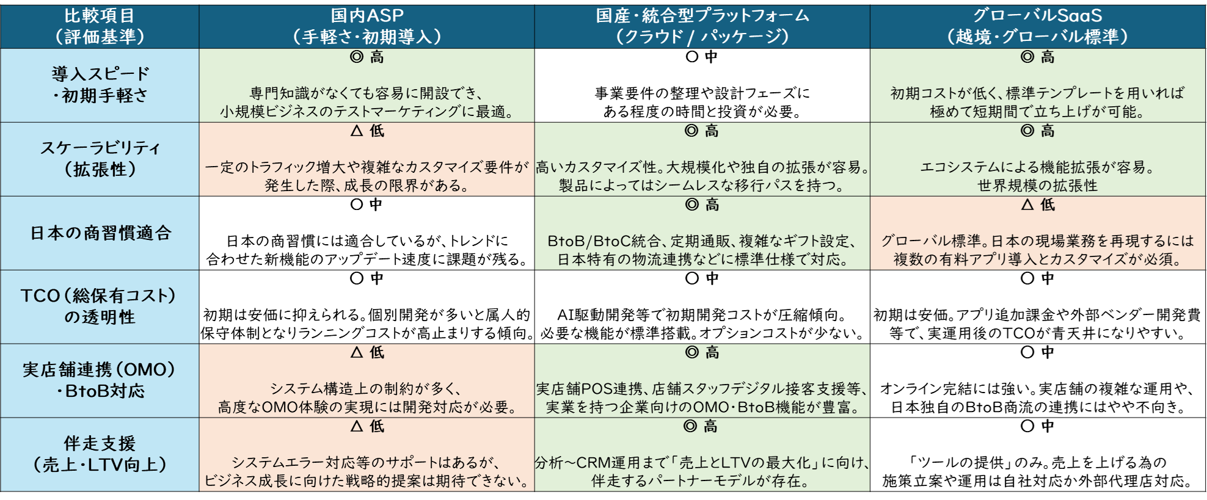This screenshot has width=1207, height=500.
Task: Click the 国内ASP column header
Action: pos(366,26)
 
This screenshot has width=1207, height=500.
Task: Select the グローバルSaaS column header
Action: pos(1037,26)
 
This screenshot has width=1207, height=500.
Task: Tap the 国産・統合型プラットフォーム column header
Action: pos(702,26)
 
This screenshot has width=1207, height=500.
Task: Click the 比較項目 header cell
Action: pos(100,26)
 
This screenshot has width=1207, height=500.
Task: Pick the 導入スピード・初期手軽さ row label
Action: pos(100,85)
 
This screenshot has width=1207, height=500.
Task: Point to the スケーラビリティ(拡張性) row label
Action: pos(100,159)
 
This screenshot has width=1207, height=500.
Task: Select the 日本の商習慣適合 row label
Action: pos(100,233)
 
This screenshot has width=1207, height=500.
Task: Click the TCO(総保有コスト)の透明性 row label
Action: pos(100,306)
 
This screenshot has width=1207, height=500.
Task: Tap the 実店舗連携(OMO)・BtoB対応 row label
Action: pos(100,380)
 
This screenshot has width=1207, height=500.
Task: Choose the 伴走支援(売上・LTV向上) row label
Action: pos(100,454)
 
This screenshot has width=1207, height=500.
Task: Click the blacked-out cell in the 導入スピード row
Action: pos(702,85)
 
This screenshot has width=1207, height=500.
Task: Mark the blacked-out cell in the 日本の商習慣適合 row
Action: pos(366,233)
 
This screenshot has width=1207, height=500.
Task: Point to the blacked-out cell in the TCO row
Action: pos(702,306)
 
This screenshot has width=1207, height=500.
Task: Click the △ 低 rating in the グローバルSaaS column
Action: pos(1037,205)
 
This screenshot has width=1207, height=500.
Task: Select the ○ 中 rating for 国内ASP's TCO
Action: pos(366,279)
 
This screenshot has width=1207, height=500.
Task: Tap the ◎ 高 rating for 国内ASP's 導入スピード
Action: pos(366,57)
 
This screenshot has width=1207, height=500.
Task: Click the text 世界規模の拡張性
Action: pos(1037,186)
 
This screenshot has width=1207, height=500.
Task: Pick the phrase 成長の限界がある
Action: pos(406,186)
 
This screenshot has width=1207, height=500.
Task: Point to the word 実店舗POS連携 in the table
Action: pos(588,389)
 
